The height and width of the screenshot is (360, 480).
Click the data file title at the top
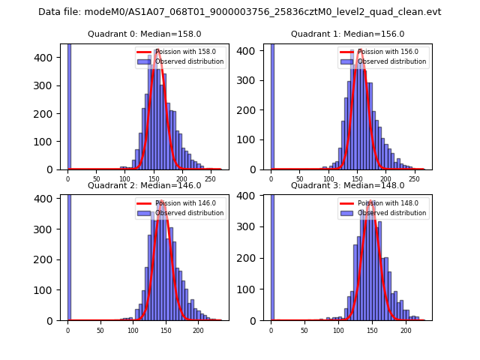[x=240, y=12]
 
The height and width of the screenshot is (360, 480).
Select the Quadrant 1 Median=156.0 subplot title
[x=347, y=34]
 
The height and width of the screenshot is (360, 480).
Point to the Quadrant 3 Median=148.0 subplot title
[x=347, y=185]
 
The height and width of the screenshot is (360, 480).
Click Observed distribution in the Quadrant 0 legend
[x=189, y=61]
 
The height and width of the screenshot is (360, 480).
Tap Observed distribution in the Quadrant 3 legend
[x=392, y=213]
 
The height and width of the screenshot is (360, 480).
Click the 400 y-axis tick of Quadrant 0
[x=47, y=58]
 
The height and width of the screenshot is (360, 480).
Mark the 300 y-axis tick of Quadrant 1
[x=250, y=80]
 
